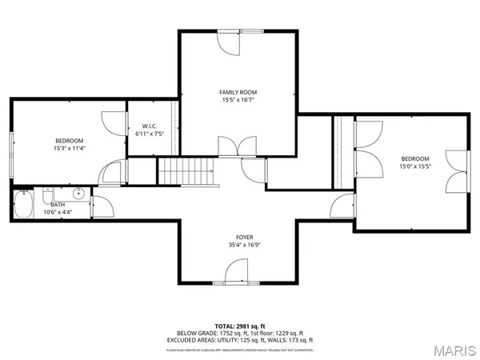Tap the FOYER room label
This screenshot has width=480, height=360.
[244, 237]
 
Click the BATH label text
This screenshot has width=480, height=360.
[58, 205]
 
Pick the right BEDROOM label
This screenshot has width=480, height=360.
[414, 158]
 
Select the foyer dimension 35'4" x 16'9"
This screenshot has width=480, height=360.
[244, 246]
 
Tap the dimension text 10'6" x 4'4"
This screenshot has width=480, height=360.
[58, 213]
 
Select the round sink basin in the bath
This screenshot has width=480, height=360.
[78, 194]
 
